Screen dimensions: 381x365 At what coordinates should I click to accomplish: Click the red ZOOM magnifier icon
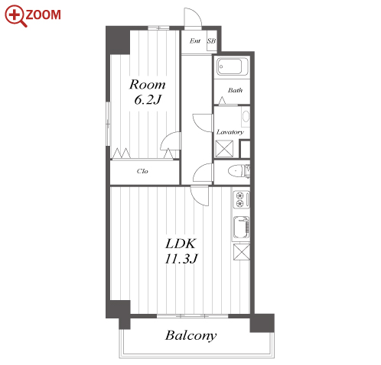pyautogui.click(x=15, y=16)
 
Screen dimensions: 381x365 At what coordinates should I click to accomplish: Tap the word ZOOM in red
pyautogui.click(x=44, y=15)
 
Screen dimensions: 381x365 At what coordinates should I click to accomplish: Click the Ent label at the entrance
pyautogui.click(x=195, y=40)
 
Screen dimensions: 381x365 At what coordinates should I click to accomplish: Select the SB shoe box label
pyautogui.click(x=211, y=40)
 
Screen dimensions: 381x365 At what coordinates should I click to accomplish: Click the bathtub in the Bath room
pyautogui.click(x=232, y=66)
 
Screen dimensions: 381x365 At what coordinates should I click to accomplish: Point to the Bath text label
pyautogui.click(x=235, y=90)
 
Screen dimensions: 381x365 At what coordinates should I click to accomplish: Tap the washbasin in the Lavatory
pyautogui.click(x=246, y=116)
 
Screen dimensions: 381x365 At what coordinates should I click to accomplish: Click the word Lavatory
pyautogui.click(x=230, y=132)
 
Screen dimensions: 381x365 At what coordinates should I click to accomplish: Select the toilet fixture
pyautogui.click(x=239, y=171)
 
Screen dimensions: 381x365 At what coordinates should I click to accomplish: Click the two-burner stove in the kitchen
pyautogui.click(x=241, y=199)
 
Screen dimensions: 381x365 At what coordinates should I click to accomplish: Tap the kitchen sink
pyautogui.click(x=241, y=228)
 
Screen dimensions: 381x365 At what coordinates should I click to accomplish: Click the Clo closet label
pyautogui.click(x=142, y=171)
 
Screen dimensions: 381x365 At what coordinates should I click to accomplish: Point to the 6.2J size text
pyautogui.click(x=148, y=99)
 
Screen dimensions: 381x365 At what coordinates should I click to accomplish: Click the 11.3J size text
pyautogui.click(x=181, y=259)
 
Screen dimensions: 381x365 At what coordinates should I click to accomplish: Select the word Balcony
pyautogui.click(x=191, y=335)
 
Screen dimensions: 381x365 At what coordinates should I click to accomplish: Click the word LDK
pyautogui.click(x=181, y=244)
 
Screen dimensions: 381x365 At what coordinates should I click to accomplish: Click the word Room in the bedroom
pyautogui.click(x=148, y=85)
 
